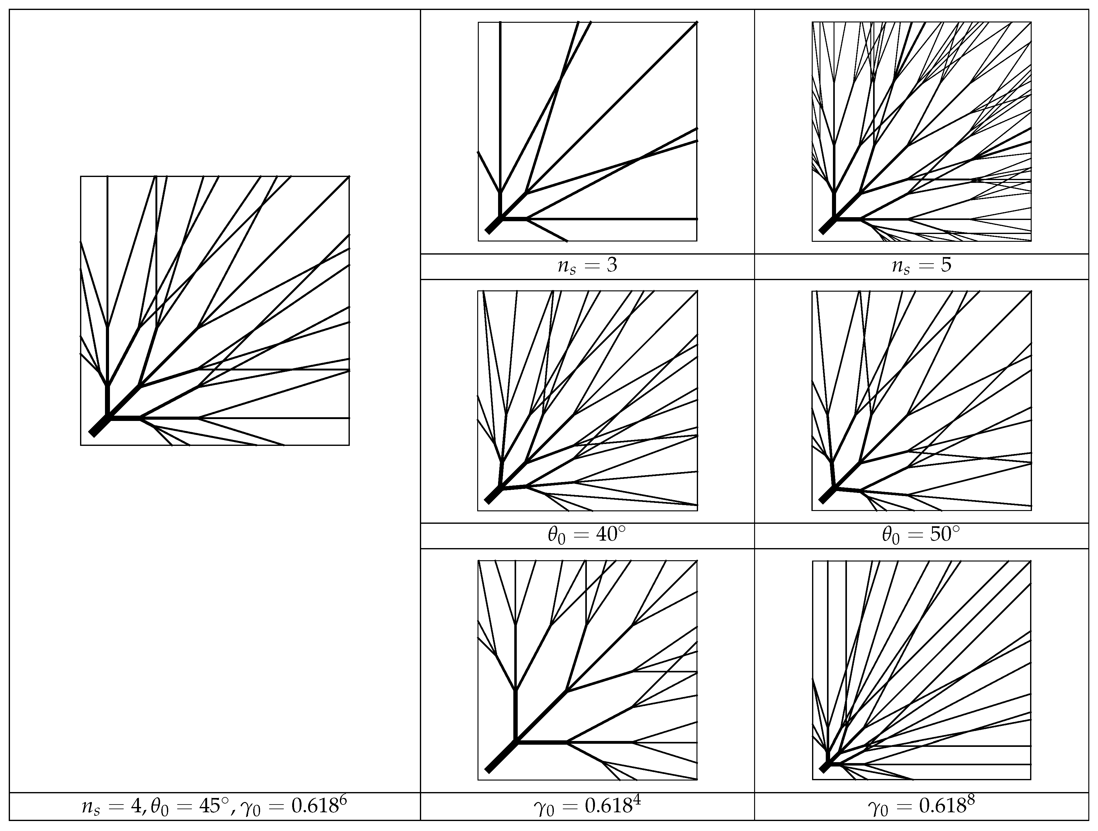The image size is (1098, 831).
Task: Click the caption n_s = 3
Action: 587,266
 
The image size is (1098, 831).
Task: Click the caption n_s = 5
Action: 921,266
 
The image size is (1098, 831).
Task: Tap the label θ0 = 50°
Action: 921,536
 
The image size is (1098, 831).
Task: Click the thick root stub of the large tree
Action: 99,426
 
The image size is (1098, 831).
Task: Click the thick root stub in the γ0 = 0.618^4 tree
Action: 501,757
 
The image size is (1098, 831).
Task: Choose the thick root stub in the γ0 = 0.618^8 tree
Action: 824,767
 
